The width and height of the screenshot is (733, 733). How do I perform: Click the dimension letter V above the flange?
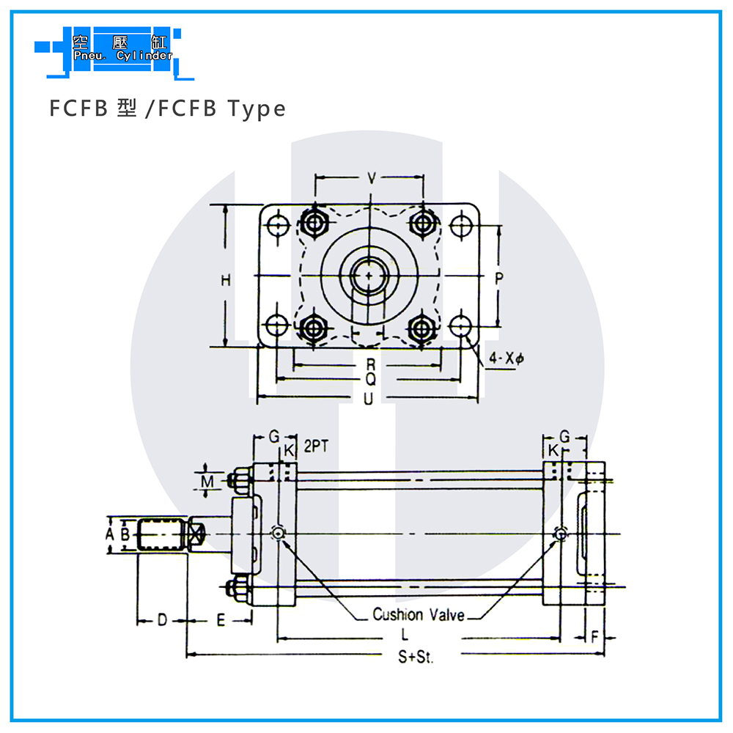(x=372, y=178)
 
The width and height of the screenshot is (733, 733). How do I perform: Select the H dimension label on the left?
(x=226, y=281)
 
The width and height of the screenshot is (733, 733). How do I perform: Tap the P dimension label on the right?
(x=498, y=279)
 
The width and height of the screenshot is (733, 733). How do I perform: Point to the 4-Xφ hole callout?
(x=507, y=358)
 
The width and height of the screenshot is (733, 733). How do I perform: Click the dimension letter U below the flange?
(x=369, y=399)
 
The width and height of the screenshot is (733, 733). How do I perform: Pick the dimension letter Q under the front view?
(x=371, y=379)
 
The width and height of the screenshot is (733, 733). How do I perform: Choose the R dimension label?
(x=371, y=364)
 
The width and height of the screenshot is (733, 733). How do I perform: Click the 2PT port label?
(x=316, y=446)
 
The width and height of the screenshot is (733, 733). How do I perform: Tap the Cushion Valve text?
(x=419, y=614)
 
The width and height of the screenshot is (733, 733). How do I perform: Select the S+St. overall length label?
(x=416, y=657)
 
